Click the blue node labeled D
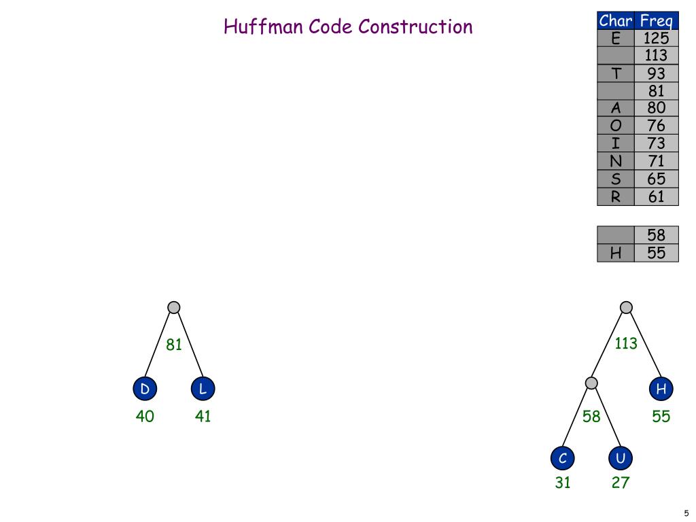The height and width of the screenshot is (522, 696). tap(145, 389)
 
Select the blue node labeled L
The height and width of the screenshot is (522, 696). tap(203, 389)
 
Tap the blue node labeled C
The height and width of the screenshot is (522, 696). tap(563, 459)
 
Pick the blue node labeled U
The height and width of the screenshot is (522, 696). tap(621, 459)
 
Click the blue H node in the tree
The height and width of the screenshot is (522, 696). tap(661, 389)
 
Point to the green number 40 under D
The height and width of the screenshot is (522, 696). tap(145, 417)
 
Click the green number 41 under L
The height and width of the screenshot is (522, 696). tap(203, 417)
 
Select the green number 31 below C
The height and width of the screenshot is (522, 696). tap(563, 483)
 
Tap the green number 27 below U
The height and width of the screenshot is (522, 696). tap(621, 483)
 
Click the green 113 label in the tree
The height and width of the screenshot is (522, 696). tap(626, 343)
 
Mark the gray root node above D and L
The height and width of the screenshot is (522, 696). tap(174, 307)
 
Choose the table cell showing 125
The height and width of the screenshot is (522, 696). tap(656, 38)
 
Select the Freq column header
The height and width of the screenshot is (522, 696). tap(656, 20)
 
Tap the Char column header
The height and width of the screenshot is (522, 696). tap(616, 20)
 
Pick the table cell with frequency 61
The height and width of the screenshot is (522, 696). tap(656, 197)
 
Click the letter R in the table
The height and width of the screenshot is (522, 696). tap(616, 197)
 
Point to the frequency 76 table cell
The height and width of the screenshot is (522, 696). tap(656, 126)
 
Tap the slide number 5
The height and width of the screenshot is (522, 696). tap(686, 513)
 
